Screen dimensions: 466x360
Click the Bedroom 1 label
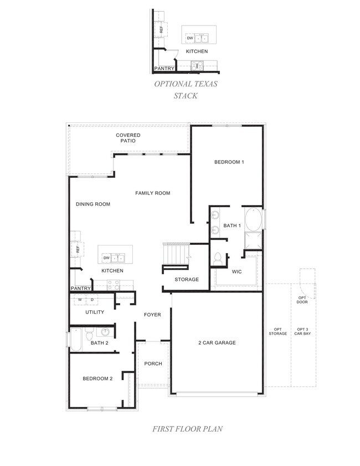tap(229, 162)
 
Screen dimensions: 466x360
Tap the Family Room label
tap(153, 193)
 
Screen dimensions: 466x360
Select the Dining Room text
tap(93, 204)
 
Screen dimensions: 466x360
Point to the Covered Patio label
tap(128, 138)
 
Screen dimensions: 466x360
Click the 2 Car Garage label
tap(217, 342)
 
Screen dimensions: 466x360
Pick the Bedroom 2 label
tap(97, 378)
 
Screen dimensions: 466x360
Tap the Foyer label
tap(152, 315)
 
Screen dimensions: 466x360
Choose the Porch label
tap(153, 363)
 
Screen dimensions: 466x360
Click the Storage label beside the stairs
tap(187, 279)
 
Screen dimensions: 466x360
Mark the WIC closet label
tap(237, 272)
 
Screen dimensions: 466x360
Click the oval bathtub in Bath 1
tap(254, 219)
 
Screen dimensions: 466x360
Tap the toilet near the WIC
tap(218, 258)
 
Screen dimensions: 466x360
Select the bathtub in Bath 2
tap(76, 339)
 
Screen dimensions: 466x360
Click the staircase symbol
tap(175, 254)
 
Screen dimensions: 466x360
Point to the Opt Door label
tap(302, 300)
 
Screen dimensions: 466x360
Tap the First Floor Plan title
tap(180, 428)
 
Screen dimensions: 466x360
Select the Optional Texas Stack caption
tap(186, 90)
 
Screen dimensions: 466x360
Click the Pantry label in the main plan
tap(80, 289)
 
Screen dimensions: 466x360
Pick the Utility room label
tap(95, 312)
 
